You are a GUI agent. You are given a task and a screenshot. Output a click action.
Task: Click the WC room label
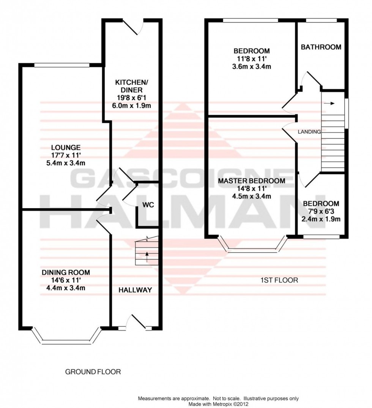coord(148,205)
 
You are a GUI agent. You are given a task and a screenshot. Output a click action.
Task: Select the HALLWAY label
coord(135,290)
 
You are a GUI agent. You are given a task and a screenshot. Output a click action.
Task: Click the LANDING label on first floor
coord(309,132)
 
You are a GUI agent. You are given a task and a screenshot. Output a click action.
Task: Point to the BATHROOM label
coord(321,47)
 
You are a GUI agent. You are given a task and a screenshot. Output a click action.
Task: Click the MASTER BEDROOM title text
coord(251,181)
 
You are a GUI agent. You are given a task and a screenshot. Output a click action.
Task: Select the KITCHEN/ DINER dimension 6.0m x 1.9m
coord(129,106)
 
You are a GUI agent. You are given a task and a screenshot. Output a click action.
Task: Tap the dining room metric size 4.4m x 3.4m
coord(66,288)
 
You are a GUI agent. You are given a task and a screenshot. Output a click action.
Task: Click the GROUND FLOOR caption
coord(93,372)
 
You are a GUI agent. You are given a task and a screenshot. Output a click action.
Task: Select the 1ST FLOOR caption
coord(279,280)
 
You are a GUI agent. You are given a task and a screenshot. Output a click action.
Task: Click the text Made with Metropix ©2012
coord(218,404)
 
